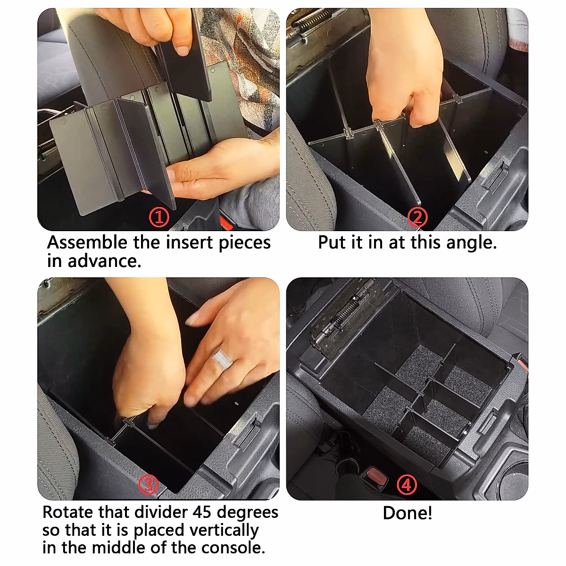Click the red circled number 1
point(159,218)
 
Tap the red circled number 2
point(417,217)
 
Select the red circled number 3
point(149,484)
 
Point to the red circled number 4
point(407,484)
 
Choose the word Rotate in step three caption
point(68,512)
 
